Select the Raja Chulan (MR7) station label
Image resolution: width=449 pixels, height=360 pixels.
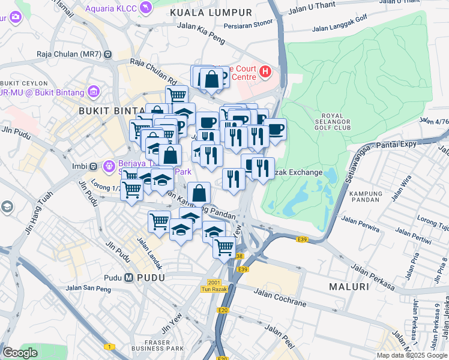pos(68,54)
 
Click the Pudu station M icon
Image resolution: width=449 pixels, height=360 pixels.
pos(129,278)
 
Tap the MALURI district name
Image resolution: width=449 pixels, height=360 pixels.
pos(349,287)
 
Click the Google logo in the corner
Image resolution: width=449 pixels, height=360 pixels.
pos(20,353)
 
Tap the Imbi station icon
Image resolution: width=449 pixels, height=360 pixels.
pos(94,166)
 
